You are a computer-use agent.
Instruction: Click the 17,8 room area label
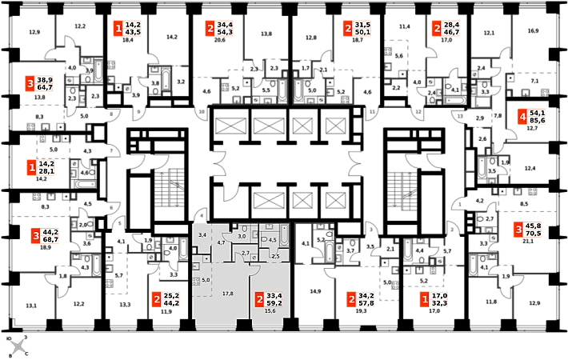(x=228, y=294)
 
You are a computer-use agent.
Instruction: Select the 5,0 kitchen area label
(x=206, y=279)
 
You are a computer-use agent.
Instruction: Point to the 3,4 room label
(x=202, y=234)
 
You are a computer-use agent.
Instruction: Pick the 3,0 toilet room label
(x=242, y=237)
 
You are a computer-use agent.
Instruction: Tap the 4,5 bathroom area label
(x=272, y=240)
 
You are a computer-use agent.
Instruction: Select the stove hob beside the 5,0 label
(x=196, y=281)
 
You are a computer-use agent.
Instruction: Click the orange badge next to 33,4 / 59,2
(x=259, y=300)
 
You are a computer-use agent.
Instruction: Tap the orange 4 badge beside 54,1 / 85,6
(x=522, y=118)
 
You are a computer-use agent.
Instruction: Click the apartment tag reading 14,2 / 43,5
(x=127, y=29)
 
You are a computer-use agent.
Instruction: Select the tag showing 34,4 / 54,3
(x=218, y=29)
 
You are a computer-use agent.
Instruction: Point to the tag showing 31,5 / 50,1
(x=357, y=29)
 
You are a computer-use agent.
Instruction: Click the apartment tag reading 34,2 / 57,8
(x=362, y=300)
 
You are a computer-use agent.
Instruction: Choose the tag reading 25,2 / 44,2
(x=166, y=300)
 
